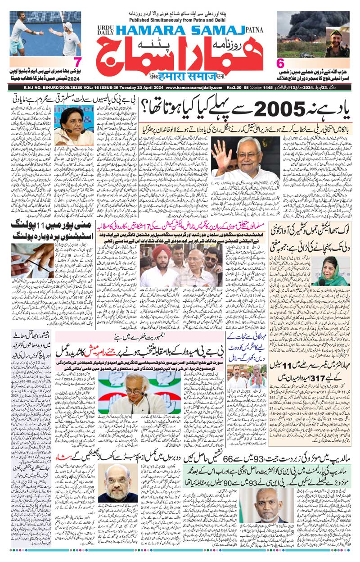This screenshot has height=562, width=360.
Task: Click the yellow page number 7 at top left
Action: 77,62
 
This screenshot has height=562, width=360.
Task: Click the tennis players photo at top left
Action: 45,34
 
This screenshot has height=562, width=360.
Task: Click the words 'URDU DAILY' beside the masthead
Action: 103,30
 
